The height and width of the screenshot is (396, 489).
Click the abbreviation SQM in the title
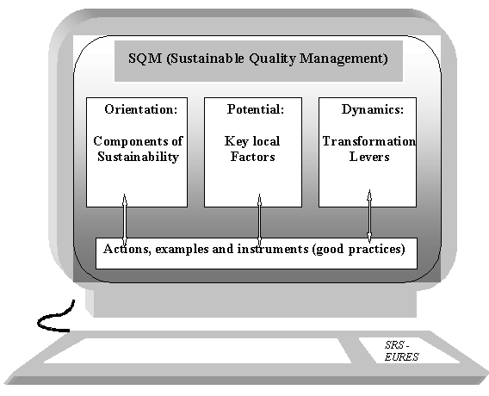(145, 59)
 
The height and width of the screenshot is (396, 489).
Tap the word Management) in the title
(344, 59)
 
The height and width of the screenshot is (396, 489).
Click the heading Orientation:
(141, 109)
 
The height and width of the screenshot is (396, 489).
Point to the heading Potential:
(256, 109)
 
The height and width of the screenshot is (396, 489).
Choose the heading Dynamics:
(373, 110)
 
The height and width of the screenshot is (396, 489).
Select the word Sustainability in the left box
(138, 158)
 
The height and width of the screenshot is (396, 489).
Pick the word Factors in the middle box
(253, 157)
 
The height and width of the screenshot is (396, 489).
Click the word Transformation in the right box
(369, 141)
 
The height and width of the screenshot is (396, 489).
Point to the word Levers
(369, 157)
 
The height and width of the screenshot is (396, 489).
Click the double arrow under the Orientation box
(125, 220)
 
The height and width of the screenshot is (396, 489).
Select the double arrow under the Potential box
(259, 220)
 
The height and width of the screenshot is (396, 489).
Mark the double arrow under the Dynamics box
(369, 216)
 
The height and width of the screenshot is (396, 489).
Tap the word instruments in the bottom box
(273, 249)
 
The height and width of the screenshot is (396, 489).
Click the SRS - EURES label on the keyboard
(401, 351)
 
